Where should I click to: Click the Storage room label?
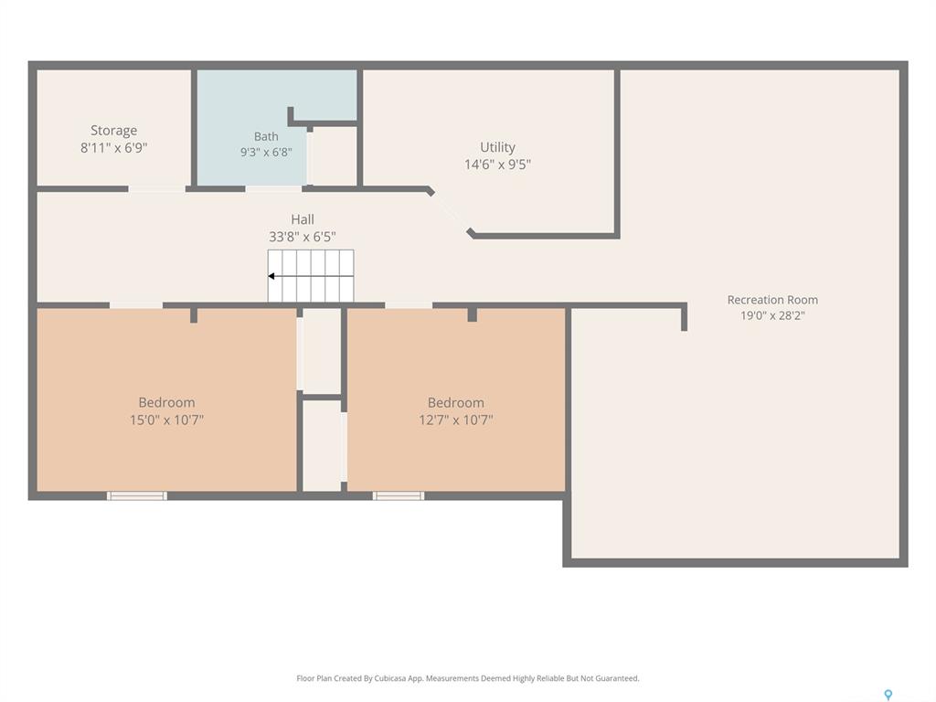[x=113, y=130]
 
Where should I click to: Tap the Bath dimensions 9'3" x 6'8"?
[x=266, y=153]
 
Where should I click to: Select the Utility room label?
[x=497, y=147]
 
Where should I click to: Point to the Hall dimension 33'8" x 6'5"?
[x=302, y=237]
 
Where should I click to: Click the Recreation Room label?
[x=772, y=300]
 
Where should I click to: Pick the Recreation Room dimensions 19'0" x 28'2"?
[x=772, y=315]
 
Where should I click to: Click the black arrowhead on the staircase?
[x=271, y=276]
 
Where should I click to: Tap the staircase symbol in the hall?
[x=311, y=276]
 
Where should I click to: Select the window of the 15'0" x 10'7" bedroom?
[x=137, y=495]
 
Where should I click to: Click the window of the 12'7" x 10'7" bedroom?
[x=399, y=495]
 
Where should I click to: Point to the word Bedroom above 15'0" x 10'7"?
[x=166, y=402]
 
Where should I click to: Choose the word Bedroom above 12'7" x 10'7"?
[x=455, y=402]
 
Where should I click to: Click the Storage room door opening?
[x=156, y=189]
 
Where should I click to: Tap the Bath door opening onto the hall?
[x=273, y=189]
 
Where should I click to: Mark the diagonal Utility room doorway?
[x=451, y=212]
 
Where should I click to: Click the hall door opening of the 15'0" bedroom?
[x=136, y=305]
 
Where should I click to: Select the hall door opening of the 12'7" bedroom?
[x=409, y=305]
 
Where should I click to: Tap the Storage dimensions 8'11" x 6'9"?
[x=113, y=147]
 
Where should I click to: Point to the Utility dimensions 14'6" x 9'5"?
[x=497, y=165]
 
